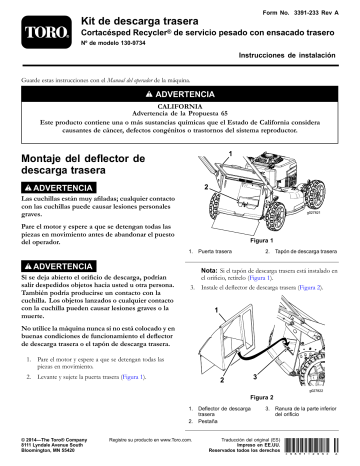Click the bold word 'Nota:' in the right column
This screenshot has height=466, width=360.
coord(212,270)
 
